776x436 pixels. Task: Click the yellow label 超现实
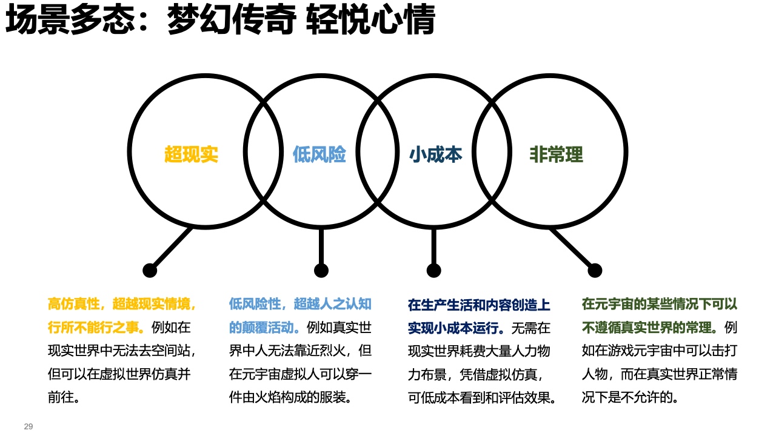(191, 154)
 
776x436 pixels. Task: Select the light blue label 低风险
(319, 154)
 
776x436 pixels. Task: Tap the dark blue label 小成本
(435, 154)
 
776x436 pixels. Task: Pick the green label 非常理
(556, 154)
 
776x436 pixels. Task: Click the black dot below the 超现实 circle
(150, 270)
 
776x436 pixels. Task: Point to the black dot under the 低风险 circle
(321, 270)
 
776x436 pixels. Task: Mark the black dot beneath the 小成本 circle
(433, 270)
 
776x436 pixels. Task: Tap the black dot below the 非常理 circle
(595, 270)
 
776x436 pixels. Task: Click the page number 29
(28, 426)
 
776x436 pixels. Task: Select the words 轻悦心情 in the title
(370, 22)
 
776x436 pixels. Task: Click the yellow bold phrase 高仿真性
(74, 304)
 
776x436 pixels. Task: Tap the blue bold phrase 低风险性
(255, 304)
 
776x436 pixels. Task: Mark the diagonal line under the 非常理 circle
(572, 249)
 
